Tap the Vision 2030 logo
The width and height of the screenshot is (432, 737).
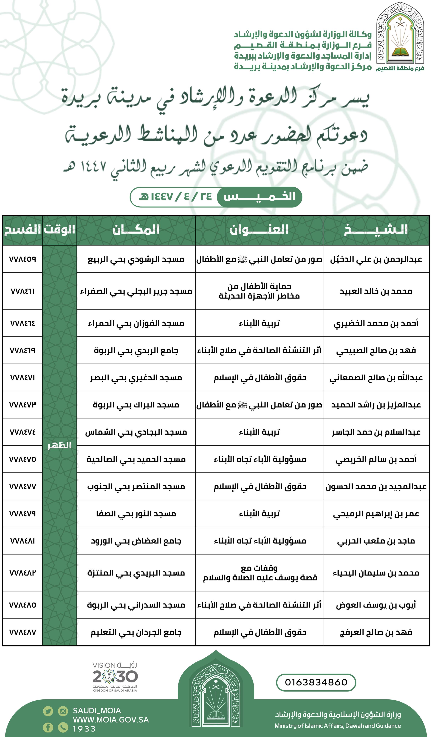pyautogui.click(x=115, y=677)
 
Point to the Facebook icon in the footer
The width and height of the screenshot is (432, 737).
pyautogui.click(x=48, y=727)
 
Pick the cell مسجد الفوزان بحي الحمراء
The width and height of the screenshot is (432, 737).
pyautogui.click(x=136, y=323)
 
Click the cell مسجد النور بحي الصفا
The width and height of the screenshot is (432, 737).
pyautogui.click(x=136, y=514)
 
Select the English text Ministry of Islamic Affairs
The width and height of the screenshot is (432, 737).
pyautogui.click(x=338, y=726)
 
